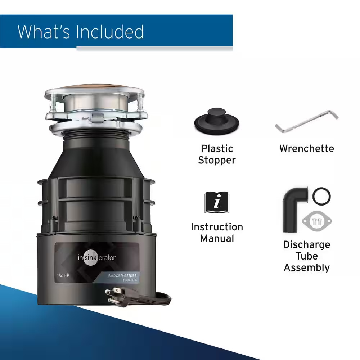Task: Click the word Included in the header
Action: (x=110, y=32)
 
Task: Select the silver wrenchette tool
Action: (x=307, y=122)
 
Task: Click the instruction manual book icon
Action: (x=217, y=202)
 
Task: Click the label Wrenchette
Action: (x=307, y=148)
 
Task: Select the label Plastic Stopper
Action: (x=217, y=154)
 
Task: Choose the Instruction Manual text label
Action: (x=217, y=233)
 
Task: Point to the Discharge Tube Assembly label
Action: (x=307, y=256)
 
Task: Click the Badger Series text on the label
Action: (x=122, y=276)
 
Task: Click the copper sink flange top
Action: (x=95, y=90)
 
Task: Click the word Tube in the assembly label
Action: (x=307, y=256)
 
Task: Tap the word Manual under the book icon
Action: (x=217, y=238)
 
